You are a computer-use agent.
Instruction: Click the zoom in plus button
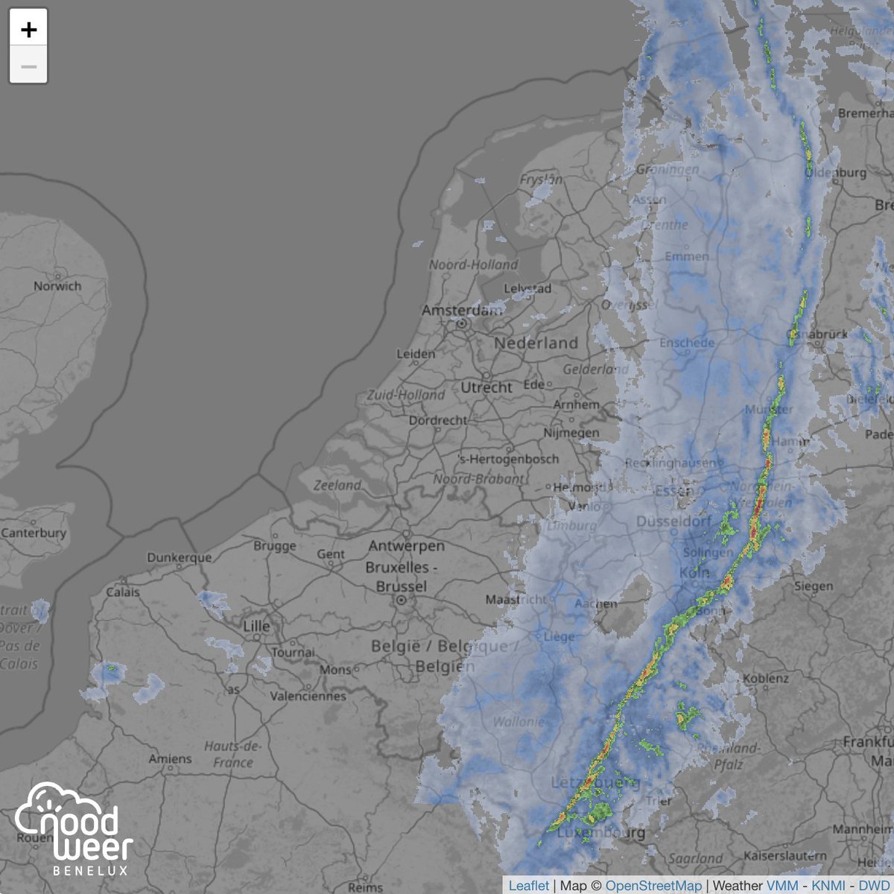coord(28,29)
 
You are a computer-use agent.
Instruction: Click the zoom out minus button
coord(28,66)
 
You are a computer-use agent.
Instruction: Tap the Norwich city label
coord(57,286)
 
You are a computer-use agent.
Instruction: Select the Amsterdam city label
coord(462,310)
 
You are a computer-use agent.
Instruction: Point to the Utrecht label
coord(486,387)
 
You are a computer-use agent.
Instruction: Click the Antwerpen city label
coord(406,546)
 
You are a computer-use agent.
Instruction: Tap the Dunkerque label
coord(179,557)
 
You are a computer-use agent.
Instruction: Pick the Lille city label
coord(256,626)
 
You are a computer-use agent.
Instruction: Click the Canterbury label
coord(34,533)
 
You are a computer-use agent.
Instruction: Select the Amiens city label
coord(169,759)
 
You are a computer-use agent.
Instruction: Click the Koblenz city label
coord(765,679)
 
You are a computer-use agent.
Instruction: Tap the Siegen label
coord(813,586)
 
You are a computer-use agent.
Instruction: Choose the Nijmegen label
coord(571,433)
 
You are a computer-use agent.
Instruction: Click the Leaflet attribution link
coord(529,886)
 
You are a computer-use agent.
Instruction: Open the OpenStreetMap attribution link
coord(653,886)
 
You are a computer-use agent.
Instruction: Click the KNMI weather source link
coord(828,886)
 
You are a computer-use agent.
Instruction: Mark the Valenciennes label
coord(308,696)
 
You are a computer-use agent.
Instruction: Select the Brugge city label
coord(275,546)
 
